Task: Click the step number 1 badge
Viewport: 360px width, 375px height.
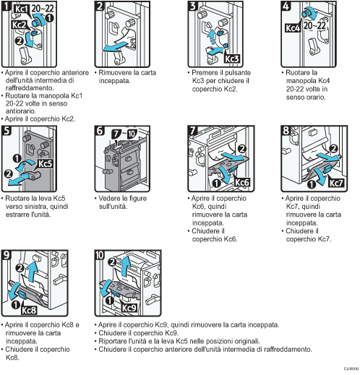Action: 8,7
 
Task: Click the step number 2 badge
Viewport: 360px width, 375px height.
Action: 100,7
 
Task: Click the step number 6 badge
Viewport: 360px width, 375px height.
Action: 100,132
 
